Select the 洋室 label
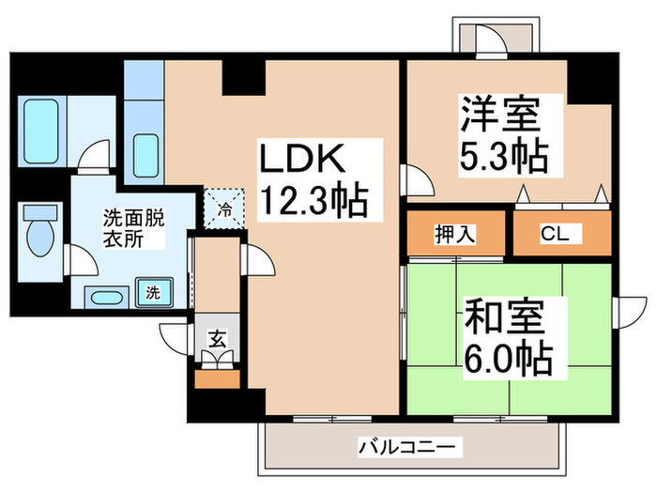[x=499, y=117]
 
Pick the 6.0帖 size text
[x=507, y=358]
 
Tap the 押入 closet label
[x=454, y=235]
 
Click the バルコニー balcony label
[x=408, y=446]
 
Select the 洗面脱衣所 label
[x=133, y=228]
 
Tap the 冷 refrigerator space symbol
[x=225, y=205]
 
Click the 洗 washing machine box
[x=153, y=292]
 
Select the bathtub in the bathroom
[x=41, y=129]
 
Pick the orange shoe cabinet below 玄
[x=216, y=380]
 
